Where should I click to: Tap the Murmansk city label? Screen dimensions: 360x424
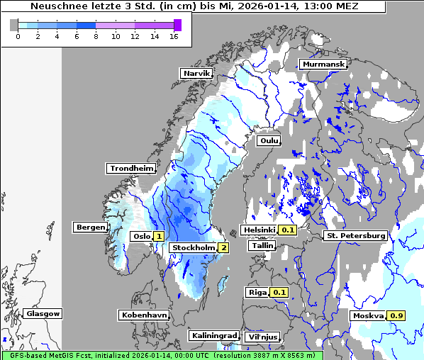323,64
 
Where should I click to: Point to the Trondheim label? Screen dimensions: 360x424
131,168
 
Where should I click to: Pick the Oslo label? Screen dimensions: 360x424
141,237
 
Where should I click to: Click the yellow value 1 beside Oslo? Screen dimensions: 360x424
159,237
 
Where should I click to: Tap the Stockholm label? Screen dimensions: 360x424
193,247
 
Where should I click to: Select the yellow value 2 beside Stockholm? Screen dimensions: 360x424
223,247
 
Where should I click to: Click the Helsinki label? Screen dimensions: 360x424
259,230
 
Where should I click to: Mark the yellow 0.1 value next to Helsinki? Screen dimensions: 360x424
287,230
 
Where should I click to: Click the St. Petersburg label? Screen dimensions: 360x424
355,235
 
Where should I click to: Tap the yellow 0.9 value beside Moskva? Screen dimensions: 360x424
396,315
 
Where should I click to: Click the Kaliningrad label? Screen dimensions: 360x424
213,335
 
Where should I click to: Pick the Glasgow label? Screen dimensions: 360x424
43,313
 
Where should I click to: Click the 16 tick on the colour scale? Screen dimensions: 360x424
173,37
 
